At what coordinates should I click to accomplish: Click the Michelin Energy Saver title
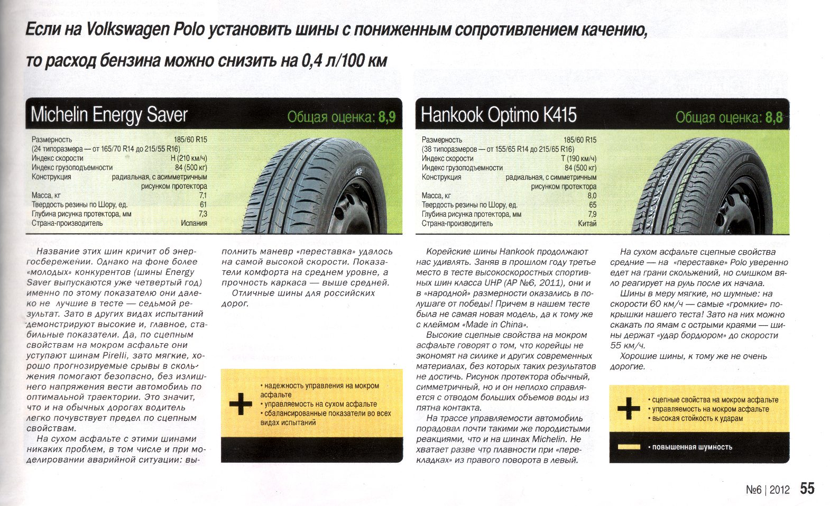coord(109,115)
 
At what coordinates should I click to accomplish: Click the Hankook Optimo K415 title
coord(498,115)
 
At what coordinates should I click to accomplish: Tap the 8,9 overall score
coord(387,117)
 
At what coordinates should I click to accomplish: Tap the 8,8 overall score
coord(774,117)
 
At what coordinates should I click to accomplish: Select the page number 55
coord(807,488)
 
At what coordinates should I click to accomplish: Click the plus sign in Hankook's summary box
coord(629,409)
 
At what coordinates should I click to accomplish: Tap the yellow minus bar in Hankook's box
coord(629,447)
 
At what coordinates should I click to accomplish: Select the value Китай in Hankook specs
coord(587,224)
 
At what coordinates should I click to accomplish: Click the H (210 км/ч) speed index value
coord(189,158)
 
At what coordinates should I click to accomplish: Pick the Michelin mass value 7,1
coord(202,195)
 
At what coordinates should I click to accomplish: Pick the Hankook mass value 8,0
coord(592,196)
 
